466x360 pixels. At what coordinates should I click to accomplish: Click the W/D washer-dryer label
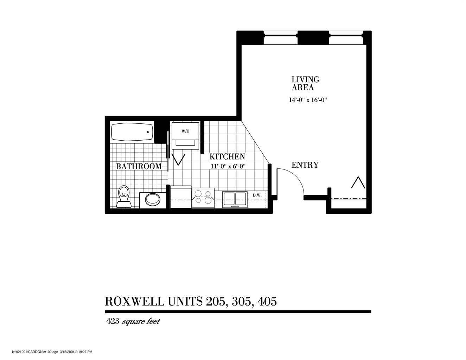pos(185,131)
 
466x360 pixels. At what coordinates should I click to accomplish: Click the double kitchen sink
pos(235,199)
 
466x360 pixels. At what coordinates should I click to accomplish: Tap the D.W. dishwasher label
pos(257,195)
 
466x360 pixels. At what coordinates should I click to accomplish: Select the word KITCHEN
pos(227,156)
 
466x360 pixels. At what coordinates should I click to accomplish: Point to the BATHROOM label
pos(139,166)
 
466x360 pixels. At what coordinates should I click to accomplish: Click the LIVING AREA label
pos(305,83)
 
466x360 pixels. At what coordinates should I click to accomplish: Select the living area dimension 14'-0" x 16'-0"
pos(308,100)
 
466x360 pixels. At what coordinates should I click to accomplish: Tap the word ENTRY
pos(305,165)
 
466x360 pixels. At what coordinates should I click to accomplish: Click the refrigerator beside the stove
pos(180,197)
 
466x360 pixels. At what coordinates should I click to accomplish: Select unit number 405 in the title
pos(267,302)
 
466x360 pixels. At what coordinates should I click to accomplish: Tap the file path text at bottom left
pos(52,352)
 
